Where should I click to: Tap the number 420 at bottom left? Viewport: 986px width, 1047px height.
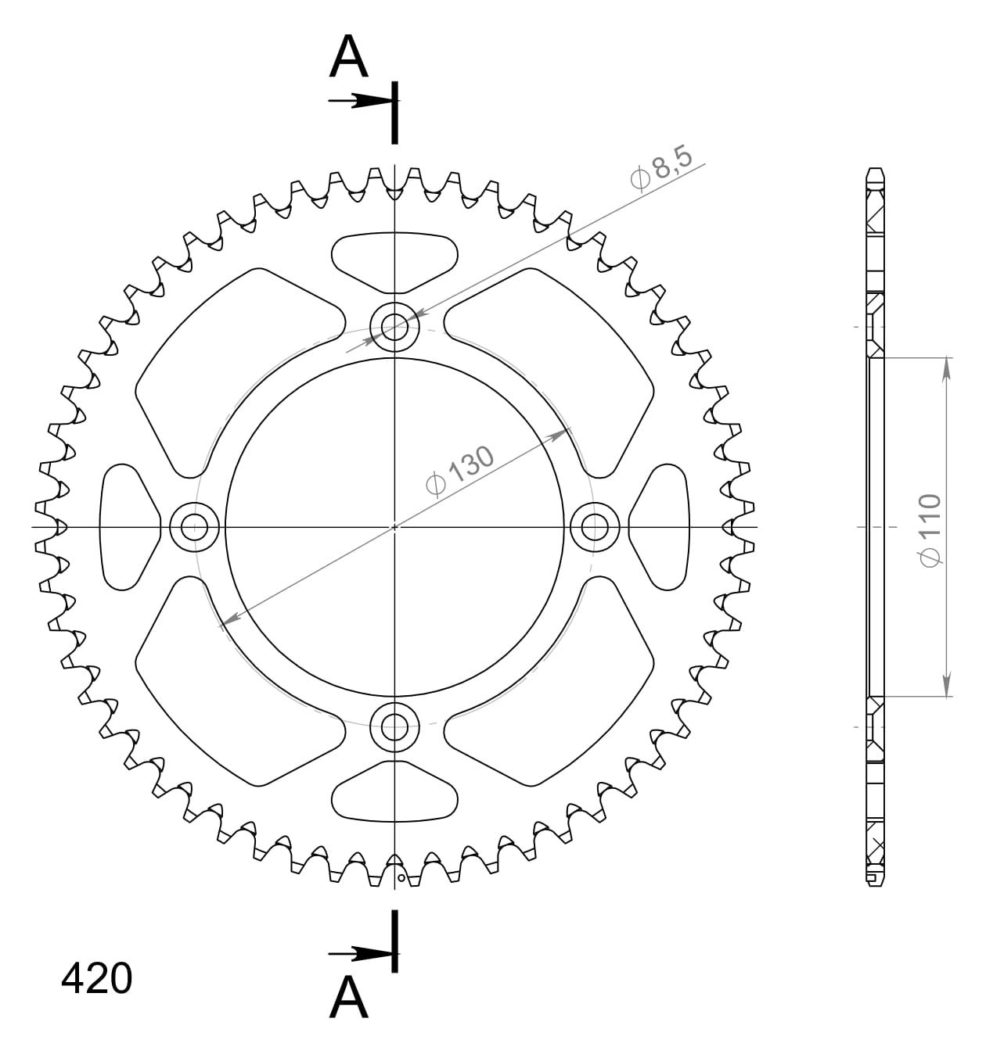point(97,978)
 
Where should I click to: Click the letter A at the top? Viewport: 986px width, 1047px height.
point(348,58)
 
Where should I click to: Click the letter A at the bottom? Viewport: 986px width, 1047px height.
point(348,999)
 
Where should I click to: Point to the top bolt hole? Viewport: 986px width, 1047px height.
point(394,324)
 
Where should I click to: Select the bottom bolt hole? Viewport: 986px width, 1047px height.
point(394,726)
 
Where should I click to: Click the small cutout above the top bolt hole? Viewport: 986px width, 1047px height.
point(394,254)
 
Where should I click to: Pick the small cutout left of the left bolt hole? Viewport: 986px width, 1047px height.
point(125,526)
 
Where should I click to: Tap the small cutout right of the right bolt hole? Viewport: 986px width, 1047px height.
point(664,526)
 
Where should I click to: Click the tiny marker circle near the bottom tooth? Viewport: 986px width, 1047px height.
point(401,879)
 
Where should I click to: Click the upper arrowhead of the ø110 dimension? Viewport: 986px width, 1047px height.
point(947,368)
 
